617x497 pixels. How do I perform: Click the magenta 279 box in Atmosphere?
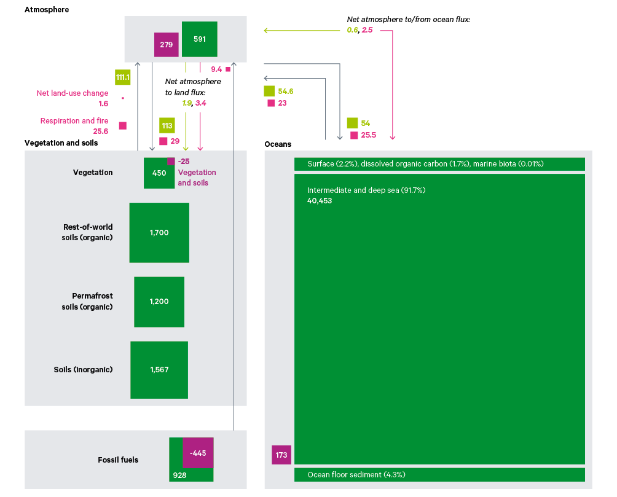click(x=166, y=45)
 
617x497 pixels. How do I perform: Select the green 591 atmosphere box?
click(x=200, y=39)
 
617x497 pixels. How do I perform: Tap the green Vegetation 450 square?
click(x=159, y=173)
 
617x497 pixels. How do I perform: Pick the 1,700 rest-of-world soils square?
click(x=159, y=233)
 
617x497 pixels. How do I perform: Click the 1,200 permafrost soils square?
click(x=159, y=302)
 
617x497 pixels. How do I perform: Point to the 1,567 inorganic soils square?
click(x=159, y=370)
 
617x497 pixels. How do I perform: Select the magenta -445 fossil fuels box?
click(x=198, y=453)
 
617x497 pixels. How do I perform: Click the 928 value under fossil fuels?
click(x=179, y=475)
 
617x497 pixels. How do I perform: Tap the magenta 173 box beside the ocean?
click(x=281, y=455)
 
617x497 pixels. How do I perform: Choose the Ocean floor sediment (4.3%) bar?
click(x=439, y=475)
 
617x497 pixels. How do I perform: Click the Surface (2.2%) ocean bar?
click(x=439, y=164)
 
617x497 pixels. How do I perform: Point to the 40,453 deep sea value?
click(x=320, y=201)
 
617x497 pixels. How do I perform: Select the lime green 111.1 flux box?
click(x=122, y=77)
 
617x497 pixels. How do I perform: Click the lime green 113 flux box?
click(x=167, y=125)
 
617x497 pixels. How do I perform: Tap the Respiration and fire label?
click(x=74, y=121)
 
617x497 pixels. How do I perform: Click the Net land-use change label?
click(x=72, y=93)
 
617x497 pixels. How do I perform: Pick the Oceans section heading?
click(x=278, y=144)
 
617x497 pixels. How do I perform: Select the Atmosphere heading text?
click(x=47, y=10)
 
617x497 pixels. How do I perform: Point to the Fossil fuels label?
click(x=118, y=460)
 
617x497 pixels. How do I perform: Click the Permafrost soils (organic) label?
click(x=88, y=302)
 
